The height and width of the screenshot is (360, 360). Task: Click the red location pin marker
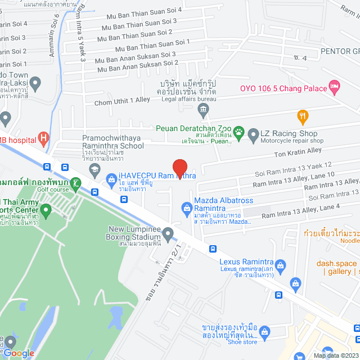179,168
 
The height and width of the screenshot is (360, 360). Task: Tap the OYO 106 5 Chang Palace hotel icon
335,87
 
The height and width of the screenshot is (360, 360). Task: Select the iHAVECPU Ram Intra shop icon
111,180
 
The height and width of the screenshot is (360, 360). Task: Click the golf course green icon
75,183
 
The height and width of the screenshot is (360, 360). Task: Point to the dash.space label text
336,263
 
